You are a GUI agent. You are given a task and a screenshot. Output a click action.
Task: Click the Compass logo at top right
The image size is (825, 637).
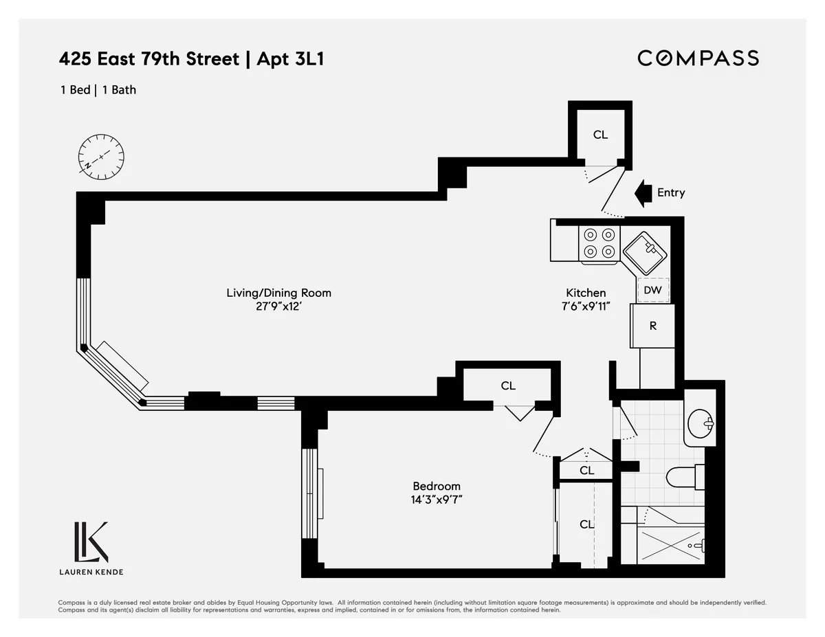click(x=698, y=58)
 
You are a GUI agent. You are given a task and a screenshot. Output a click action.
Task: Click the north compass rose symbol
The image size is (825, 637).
click(x=101, y=157)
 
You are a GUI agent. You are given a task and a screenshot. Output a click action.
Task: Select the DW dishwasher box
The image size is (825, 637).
click(x=652, y=290)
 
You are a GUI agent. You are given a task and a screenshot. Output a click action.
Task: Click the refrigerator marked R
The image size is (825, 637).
click(x=652, y=326)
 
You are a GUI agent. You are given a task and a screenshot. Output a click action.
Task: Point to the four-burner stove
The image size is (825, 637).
click(x=599, y=243)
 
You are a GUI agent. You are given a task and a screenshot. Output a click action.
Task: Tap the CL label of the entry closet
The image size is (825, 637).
click(x=600, y=135)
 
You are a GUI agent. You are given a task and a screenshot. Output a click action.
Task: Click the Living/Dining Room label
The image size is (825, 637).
click(x=278, y=293)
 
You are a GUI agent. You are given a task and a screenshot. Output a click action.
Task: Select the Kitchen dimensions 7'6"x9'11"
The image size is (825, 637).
click(x=586, y=306)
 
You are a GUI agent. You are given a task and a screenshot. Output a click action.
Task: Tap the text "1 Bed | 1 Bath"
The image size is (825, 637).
click(x=97, y=89)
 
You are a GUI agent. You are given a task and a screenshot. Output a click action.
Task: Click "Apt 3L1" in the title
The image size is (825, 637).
click(x=289, y=59)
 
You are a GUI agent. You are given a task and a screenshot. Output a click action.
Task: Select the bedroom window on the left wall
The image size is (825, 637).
click(x=310, y=493)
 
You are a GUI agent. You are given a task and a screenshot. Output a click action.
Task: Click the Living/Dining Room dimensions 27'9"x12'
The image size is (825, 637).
click(x=278, y=307)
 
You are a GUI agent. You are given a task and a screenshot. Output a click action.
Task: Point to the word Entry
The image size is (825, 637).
click(x=670, y=192)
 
